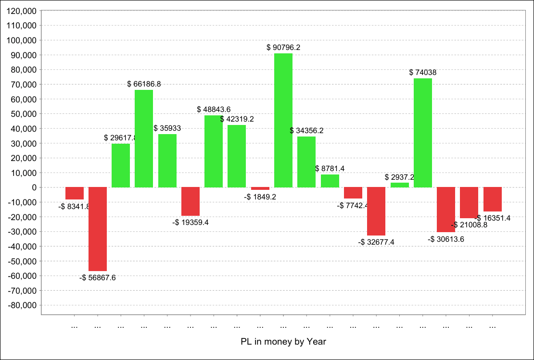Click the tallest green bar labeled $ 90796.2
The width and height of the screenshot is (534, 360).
click(283, 120)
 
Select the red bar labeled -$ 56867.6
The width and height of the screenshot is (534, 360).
click(98, 229)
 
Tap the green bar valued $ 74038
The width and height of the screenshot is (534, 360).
click(422, 133)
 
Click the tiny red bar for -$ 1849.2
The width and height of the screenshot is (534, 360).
click(260, 188)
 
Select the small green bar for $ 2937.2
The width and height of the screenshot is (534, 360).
click(399, 185)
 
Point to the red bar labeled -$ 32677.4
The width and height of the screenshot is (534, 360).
click(376, 211)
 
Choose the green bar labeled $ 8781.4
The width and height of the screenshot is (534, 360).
click(330, 181)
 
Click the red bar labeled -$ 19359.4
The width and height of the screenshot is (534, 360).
click(190, 201)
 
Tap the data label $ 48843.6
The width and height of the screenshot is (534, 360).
click(214, 110)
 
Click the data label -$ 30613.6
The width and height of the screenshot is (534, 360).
click(446, 239)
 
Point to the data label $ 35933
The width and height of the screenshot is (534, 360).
click(167, 128)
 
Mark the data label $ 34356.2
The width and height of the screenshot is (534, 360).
click(307, 131)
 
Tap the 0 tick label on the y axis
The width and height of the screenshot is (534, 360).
click(35, 187)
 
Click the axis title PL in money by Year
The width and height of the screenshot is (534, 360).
click(283, 342)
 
